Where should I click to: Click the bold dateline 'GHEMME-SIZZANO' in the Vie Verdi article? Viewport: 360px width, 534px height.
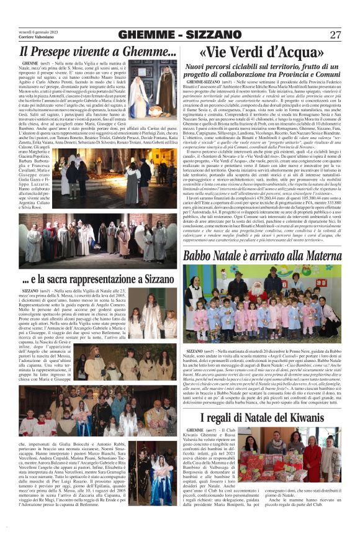tap(205, 81)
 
